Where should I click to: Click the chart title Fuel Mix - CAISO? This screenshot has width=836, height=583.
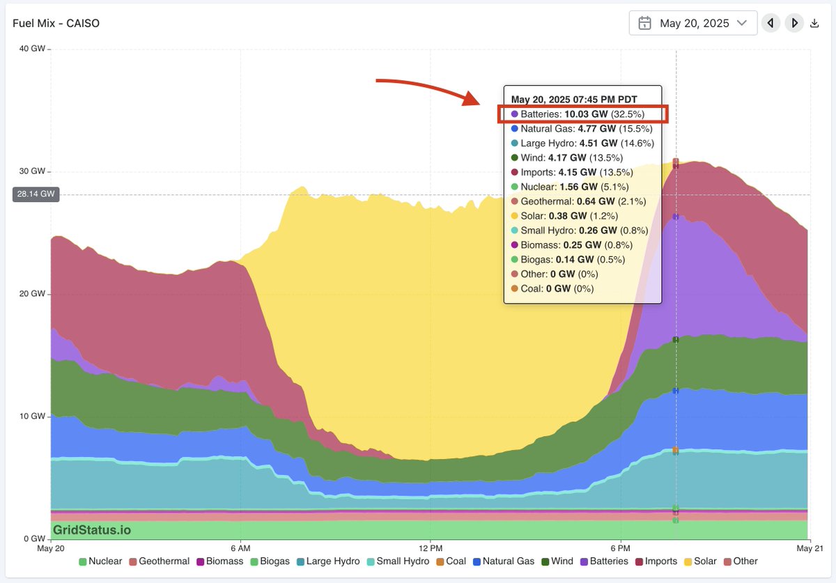coord(56,23)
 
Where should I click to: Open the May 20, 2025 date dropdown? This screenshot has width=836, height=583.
coord(692,23)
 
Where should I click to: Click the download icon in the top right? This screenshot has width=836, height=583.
coord(814,24)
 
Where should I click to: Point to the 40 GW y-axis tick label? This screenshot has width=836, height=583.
coord(33,49)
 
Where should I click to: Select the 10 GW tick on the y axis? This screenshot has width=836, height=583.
coord(33,417)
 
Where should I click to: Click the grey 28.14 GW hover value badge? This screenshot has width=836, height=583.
coord(36,195)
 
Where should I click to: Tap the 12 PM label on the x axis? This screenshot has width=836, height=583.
coord(431,547)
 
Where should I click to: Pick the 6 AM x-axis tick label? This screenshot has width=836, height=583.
coord(240,547)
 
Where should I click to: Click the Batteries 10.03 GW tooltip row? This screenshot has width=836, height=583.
coord(582,114)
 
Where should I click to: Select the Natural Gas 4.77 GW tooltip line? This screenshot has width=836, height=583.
coord(578,128)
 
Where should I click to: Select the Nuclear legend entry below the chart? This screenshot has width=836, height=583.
coord(101,561)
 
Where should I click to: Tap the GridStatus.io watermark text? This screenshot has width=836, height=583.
coord(92,530)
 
